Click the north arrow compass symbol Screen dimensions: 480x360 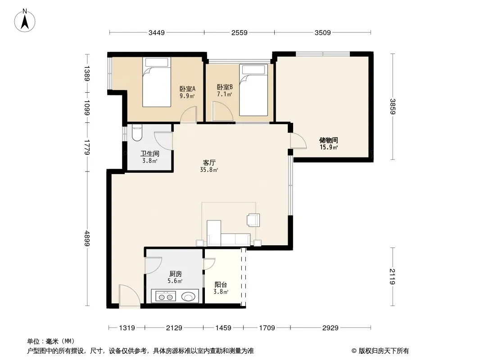(x=25, y=20)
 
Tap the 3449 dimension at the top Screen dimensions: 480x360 (x=157, y=32)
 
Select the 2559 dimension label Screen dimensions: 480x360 (x=240, y=32)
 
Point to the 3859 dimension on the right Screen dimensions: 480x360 (x=393, y=107)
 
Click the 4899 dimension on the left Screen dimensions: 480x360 (x=87, y=238)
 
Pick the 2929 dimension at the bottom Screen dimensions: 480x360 (x=331, y=328)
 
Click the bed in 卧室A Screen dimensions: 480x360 (x=156, y=82)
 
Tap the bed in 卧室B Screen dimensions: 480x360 (x=254, y=90)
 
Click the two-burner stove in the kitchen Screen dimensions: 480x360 (x=166, y=297)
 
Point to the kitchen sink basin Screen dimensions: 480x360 (x=188, y=297)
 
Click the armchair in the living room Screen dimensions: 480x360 (x=254, y=220)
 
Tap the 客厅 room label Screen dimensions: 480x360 (x=209, y=163)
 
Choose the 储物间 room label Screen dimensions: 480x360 (x=328, y=140)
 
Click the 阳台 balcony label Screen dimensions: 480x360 (x=221, y=285)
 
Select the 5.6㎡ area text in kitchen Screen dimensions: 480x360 (x=175, y=281)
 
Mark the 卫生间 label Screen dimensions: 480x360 (x=149, y=153)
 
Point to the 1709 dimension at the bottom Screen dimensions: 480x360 (x=267, y=328)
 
